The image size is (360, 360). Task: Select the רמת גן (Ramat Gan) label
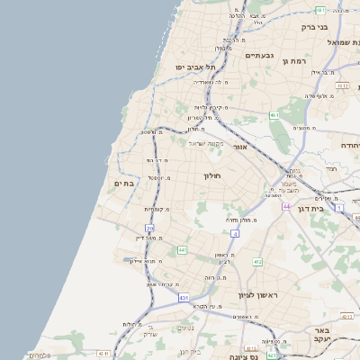[x=296, y=61]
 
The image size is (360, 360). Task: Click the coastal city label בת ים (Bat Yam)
[x=123, y=183]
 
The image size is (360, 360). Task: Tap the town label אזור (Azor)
[x=239, y=146]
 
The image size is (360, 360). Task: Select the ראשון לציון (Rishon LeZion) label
[x=260, y=295]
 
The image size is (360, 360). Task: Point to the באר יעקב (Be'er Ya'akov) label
[x=324, y=335]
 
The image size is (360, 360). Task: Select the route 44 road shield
[x=286, y=207]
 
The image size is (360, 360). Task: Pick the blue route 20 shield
[x=150, y=229]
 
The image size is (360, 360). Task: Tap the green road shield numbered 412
[x=257, y=262]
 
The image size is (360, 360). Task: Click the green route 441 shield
[x=182, y=249]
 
